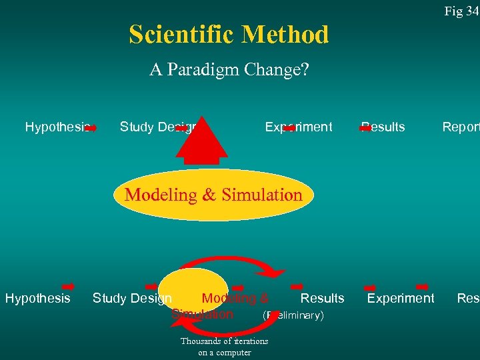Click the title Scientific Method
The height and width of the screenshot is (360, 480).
tap(229, 34)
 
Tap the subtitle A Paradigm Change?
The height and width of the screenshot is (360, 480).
tap(229, 69)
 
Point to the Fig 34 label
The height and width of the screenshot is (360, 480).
tap(462, 11)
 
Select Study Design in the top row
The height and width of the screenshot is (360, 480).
tap(157, 127)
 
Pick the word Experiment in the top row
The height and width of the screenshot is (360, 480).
tap(298, 127)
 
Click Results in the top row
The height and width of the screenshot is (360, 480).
tap(384, 127)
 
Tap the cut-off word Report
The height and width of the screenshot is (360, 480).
tap(461, 127)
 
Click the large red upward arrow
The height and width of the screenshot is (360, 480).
tap(201, 140)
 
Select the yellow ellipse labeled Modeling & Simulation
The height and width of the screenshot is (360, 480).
tap(213, 195)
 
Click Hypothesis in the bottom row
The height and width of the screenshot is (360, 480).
tap(37, 298)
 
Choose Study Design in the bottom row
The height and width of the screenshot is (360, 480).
tap(132, 298)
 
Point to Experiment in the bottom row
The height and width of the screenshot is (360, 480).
tap(400, 298)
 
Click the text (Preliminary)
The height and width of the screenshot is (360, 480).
tap(293, 315)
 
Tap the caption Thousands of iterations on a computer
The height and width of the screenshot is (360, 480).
tap(224, 347)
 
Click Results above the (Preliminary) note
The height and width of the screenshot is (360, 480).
tap(322, 298)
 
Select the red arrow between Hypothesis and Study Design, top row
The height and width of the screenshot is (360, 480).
tap(92, 127)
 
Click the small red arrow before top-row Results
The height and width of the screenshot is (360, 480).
tap(365, 127)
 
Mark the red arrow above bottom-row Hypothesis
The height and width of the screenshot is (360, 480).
tap(67, 269)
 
